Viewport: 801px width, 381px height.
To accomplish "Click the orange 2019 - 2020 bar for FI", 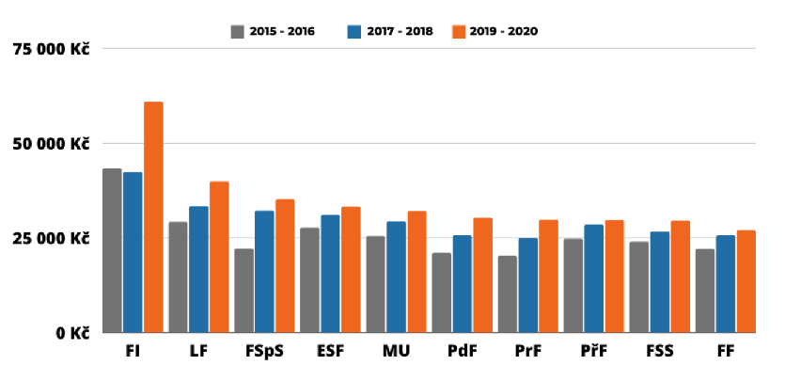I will click(x=153, y=217).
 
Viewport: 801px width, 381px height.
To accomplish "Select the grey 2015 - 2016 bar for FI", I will click(x=112, y=250).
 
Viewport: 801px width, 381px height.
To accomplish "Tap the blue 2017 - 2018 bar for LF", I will click(x=198, y=269).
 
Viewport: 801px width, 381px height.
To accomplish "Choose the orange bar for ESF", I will click(x=351, y=269).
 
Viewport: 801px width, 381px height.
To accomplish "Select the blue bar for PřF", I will click(x=593, y=278).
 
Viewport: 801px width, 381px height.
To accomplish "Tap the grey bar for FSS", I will click(x=638, y=287).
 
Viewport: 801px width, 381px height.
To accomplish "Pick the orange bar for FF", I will click(x=746, y=281).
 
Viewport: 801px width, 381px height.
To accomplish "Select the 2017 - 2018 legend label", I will click(x=400, y=31).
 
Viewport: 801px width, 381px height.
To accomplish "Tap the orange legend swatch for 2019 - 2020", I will click(x=459, y=31).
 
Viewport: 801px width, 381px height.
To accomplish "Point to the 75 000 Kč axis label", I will click(x=52, y=49).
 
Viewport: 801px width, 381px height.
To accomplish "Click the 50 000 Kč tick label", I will click(x=52, y=144).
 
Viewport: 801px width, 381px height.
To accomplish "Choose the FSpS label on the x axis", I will click(x=264, y=352).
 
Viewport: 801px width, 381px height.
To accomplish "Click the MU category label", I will click(x=396, y=352).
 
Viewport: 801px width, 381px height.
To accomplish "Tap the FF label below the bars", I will click(x=725, y=352).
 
